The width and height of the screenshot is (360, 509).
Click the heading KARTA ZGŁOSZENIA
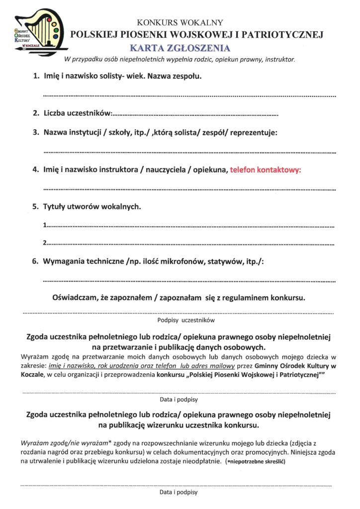[x=180, y=48]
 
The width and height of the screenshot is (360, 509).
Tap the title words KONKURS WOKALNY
[x=180, y=22]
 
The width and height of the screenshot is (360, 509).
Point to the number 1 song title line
[x=189, y=226]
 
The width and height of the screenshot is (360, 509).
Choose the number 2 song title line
[x=189, y=244]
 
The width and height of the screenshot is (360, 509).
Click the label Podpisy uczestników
[x=179, y=321]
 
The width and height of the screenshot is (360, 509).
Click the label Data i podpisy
[x=179, y=399]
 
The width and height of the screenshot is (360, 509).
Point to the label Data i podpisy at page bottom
[x=179, y=492]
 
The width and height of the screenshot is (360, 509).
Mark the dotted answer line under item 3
[x=189, y=151]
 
